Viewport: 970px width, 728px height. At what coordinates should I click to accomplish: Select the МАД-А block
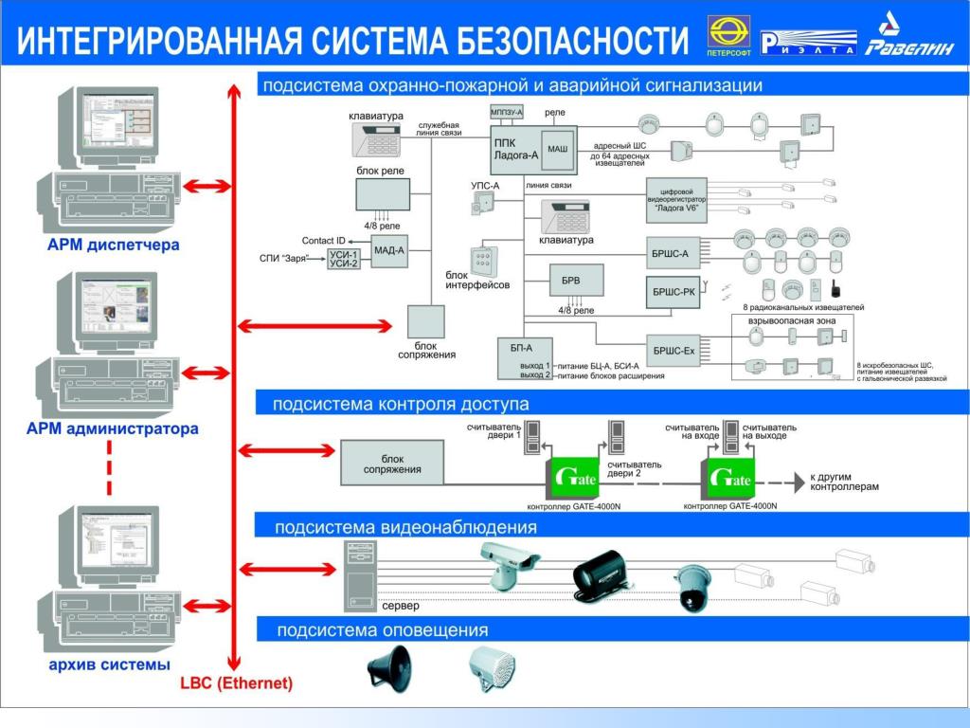pos(388,251)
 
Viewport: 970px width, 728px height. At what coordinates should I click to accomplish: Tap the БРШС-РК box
pos(674,292)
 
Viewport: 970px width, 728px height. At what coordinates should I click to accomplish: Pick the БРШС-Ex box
pos(674,352)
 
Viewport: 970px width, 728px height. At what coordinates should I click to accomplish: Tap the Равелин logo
pos(908,38)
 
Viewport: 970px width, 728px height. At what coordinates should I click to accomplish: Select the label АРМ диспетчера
pos(114,246)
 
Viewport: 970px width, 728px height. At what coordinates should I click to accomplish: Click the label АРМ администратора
pos(112,429)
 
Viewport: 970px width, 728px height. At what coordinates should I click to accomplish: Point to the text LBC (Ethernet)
pos(236,683)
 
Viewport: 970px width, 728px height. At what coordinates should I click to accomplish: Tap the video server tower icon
pos(360,575)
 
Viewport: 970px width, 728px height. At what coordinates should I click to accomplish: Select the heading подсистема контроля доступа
pos(401,405)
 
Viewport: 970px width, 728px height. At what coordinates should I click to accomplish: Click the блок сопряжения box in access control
pos(393,464)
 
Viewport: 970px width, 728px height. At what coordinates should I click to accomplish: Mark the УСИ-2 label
pos(343,264)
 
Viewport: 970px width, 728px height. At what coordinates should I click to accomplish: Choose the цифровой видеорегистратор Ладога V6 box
pos(676,200)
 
